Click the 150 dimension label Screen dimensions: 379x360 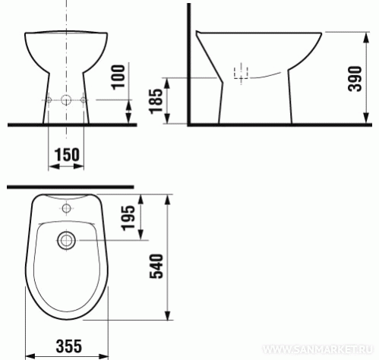(x=67, y=155)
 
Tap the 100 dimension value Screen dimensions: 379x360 (x=118, y=77)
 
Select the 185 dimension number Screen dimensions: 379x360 (x=155, y=101)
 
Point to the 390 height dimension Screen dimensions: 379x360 (x=355, y=79)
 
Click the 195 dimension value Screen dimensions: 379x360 (x=128, y=218)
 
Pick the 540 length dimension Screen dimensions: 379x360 (x=156, y=266)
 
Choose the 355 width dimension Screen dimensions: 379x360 (x=69, y=346)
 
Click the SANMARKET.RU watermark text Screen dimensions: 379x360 (x=317, y=349)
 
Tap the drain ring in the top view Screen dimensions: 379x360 (x=67, y=240)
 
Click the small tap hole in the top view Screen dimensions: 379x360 (x=67, y=208)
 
